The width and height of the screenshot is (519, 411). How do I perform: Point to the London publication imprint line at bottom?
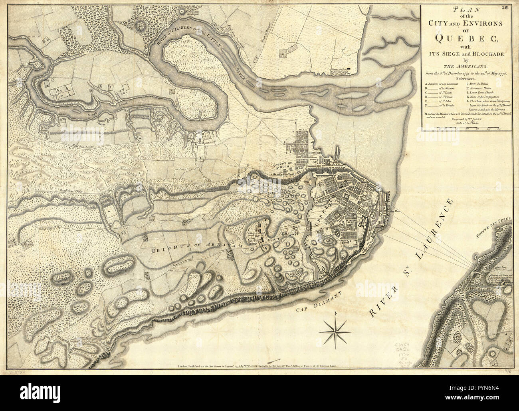tap(259, 367)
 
